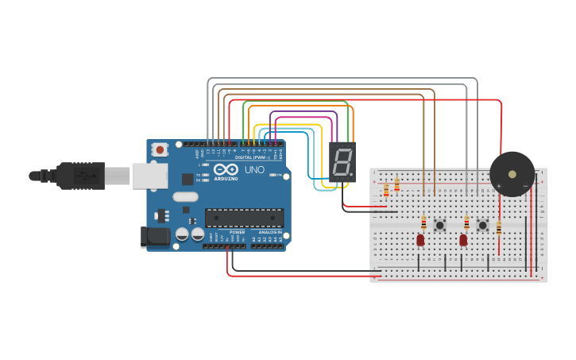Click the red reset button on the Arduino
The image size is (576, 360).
[x=160, y=149]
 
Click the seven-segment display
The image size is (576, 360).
[x=342, y=162]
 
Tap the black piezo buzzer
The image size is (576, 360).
[x=512, y=174]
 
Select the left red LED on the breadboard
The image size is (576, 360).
[x=420, y=239]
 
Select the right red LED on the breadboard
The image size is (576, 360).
[x=463, y=239]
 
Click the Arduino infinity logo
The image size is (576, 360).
[x=226, y=170]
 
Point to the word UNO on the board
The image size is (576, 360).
[x=254, y=170]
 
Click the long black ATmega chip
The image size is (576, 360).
[x=244, y=218]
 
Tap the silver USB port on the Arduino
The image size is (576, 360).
[x=149, y=176]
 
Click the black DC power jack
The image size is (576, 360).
[x=155, y=236]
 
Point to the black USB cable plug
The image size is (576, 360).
[x=79, y=176]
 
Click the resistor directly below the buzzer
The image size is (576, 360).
[x=499, y=228]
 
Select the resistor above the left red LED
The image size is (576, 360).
[x=423, y=223]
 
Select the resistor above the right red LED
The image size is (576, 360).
[x=466, y=223]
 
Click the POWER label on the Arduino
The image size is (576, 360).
[x=237, y=231]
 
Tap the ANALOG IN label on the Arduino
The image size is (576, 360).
[x=269, y=231]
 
